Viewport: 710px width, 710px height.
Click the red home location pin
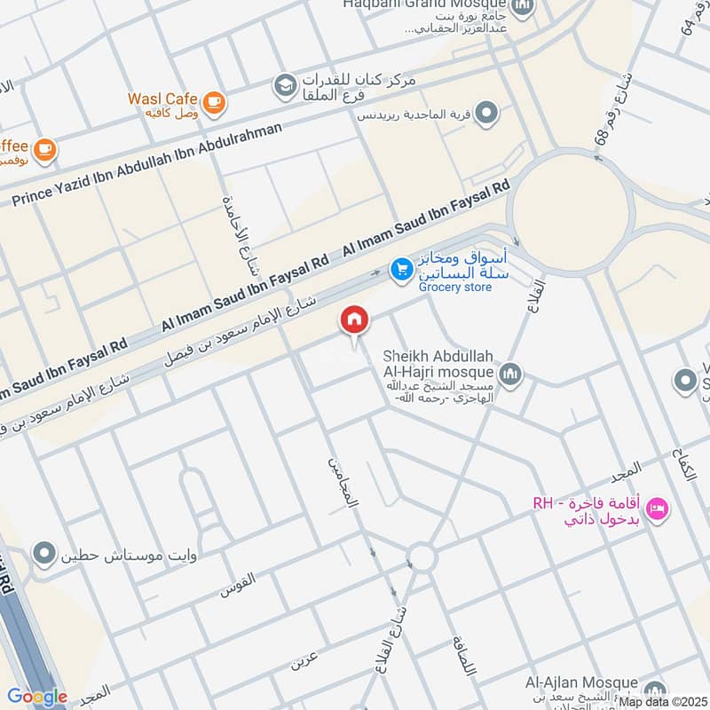(354, 320)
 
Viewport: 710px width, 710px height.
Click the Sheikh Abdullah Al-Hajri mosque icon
(509, 374)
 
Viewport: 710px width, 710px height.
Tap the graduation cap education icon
(285, 85)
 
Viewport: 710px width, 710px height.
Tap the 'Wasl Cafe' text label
(162, 99)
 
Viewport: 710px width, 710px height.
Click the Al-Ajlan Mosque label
(580, 682)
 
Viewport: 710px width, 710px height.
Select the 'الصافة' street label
(462, 655)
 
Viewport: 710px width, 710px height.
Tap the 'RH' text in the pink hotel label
(542, 503)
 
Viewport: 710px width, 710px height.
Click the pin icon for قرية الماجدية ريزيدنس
(485, 113)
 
